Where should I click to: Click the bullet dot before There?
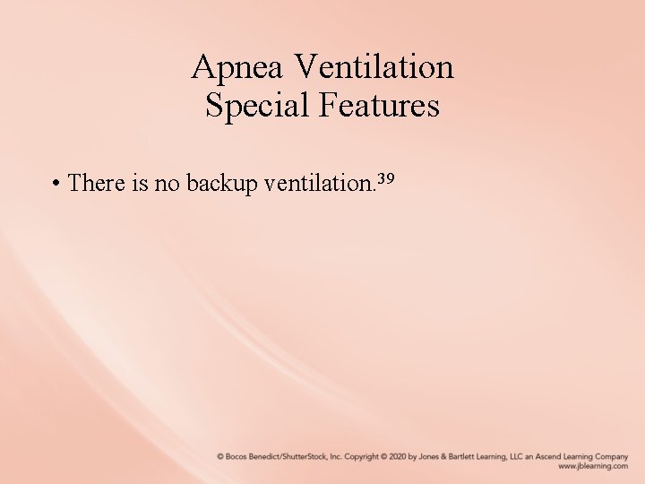(x=56, y=184)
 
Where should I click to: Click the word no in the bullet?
(x=168, y=184)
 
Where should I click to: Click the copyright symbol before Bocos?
(x=220, y=456)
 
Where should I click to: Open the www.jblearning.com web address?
(x=593, y=466)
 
